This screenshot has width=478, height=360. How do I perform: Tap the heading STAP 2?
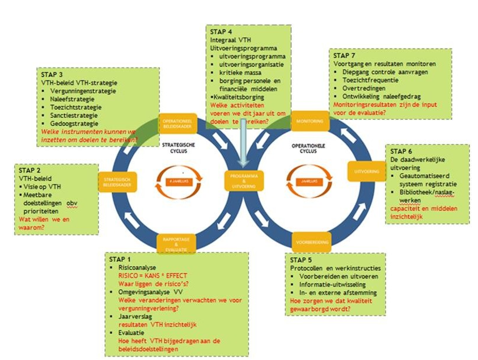[x=30, y=170]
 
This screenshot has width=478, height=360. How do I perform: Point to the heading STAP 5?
[x=301, y=259]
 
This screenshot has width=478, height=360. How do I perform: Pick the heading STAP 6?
[x=401, y=151]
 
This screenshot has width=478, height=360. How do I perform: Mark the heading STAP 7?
[x=344, y=56]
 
